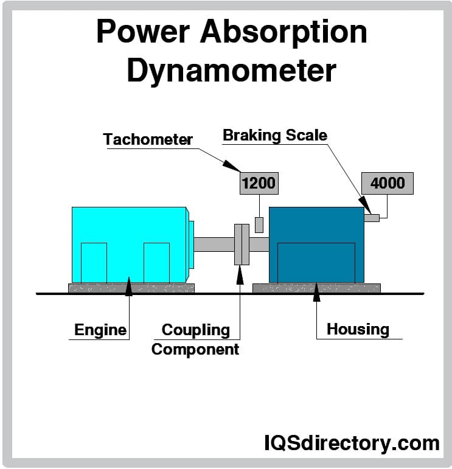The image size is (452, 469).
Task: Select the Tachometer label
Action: [x=148, y=139]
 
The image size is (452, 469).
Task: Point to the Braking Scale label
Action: [x=275, y=135]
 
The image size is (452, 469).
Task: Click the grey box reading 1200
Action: [x=259, y=182]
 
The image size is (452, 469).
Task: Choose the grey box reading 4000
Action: [x=388, y=182]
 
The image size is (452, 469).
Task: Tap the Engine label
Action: [x=100, y=330]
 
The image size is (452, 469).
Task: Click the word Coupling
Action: [x=195, y=330]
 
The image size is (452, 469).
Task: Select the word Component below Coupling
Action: [x=195, y=349]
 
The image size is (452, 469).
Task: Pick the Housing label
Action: [x=358, y=329]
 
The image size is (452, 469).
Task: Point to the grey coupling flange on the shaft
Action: [x=242, y=244]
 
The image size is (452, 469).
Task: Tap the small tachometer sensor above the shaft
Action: [x=259, y=224]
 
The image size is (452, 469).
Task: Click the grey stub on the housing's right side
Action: [x=372, y=217]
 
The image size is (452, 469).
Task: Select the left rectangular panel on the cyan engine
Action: [x=94, y=262]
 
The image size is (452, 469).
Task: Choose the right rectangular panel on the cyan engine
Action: [x=156, y=262]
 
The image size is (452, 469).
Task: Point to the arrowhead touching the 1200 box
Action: [x=232, y=165]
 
